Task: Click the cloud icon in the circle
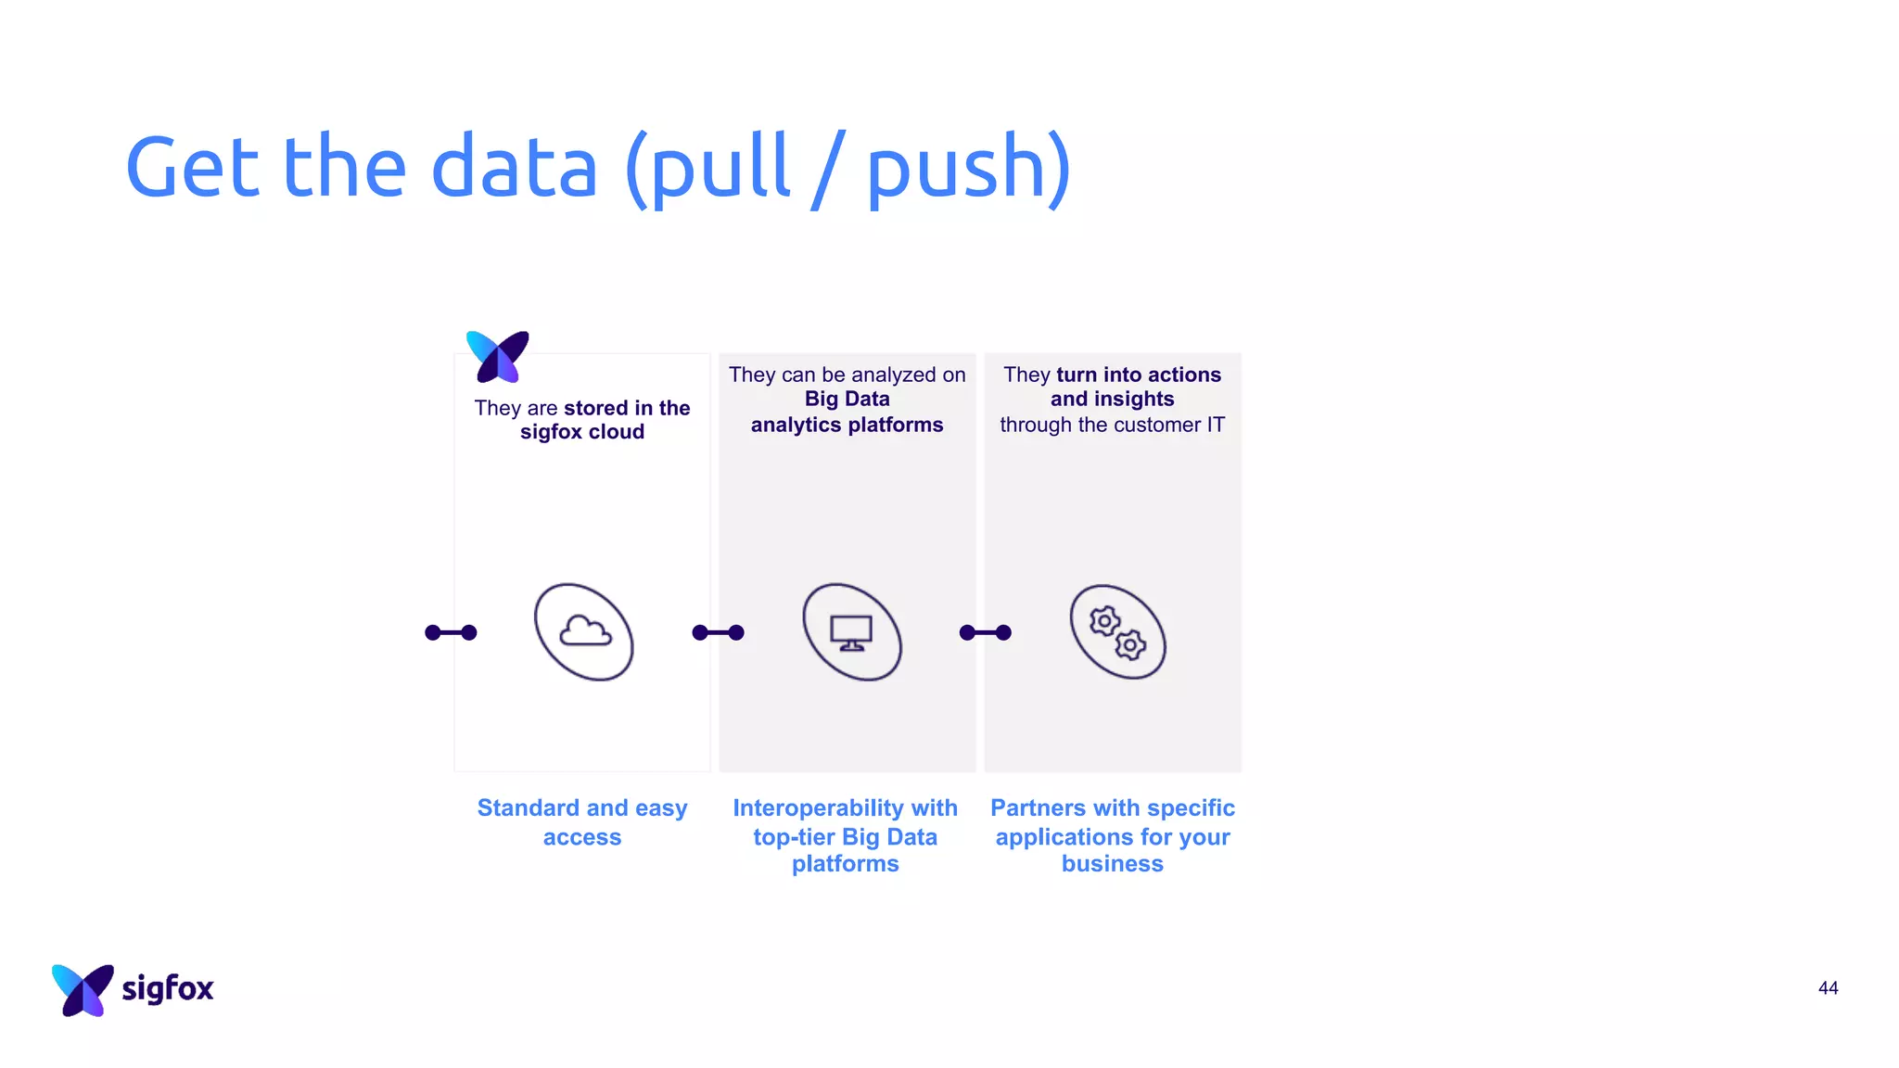(584, 631)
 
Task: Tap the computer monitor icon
(851, 632)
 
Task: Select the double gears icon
(1117, 633)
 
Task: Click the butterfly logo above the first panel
(498, 356)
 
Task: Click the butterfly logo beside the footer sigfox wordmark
(83, 989)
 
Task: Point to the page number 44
(1828, 988)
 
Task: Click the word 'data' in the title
(515, 168)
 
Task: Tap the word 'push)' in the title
(968, 168)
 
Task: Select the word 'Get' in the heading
(193, 168)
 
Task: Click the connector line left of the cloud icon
(451, 632)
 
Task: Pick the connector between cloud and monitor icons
(718, 632)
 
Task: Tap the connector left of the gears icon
(985, 632)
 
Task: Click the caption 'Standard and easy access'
(582, 821)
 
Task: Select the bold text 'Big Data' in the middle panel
(847, 399)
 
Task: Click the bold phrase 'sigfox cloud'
(581, 432)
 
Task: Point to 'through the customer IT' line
(1112, 425)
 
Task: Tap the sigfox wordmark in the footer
(167, 988)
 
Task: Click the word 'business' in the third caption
(1112, 864)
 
